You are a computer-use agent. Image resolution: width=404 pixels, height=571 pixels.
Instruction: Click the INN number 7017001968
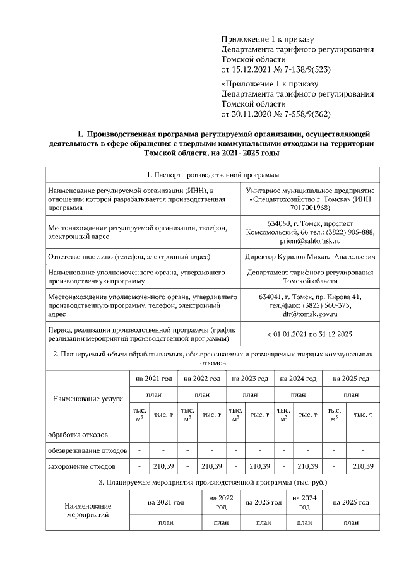pos(311,208)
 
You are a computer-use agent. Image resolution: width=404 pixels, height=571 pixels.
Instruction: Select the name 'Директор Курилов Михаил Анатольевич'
pos(311,257)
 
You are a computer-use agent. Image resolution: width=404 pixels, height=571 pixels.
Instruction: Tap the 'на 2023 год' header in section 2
pos(250,379)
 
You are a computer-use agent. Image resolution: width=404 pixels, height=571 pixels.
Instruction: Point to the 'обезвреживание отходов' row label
pos(88,450)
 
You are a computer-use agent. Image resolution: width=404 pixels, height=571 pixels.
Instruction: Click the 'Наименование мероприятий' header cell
pos(88,510)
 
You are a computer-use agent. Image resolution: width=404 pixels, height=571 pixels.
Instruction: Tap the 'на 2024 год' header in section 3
pos(304,502)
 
